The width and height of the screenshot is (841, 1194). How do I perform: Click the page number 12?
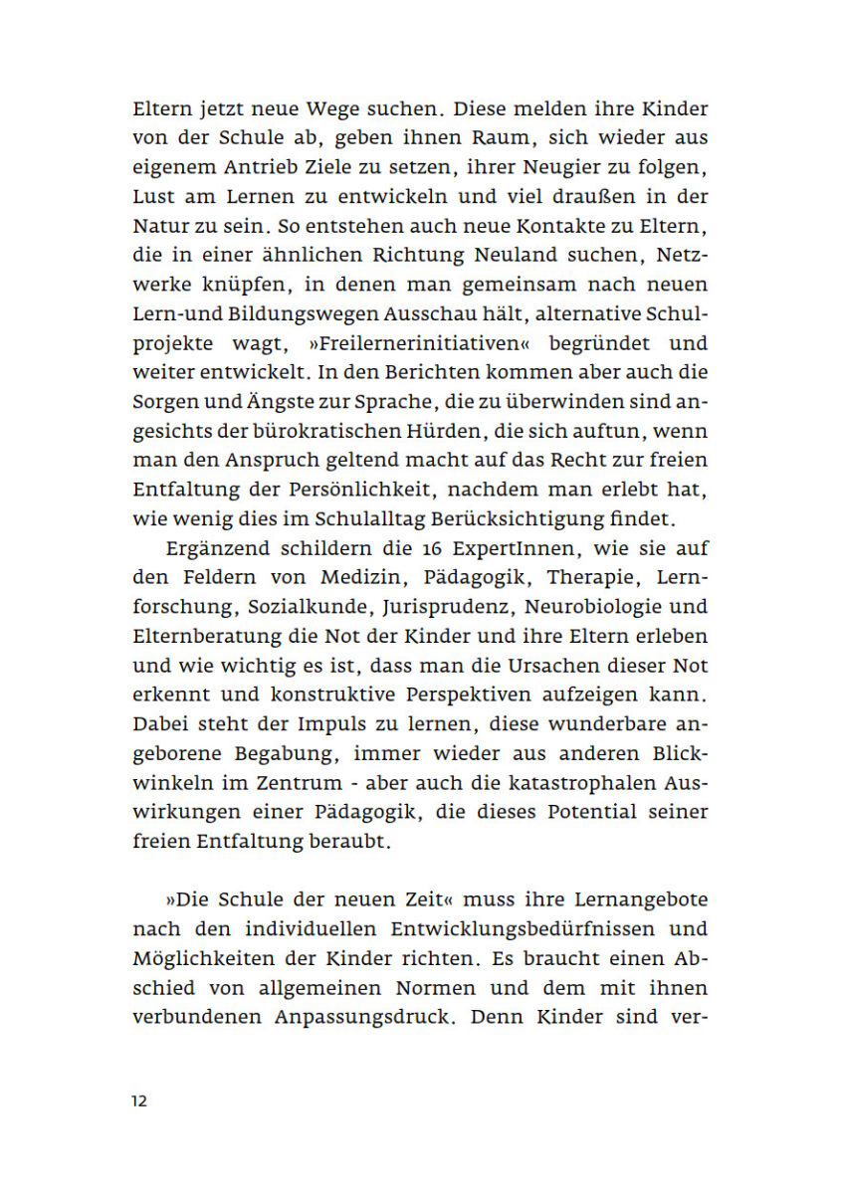pos(139,1101)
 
